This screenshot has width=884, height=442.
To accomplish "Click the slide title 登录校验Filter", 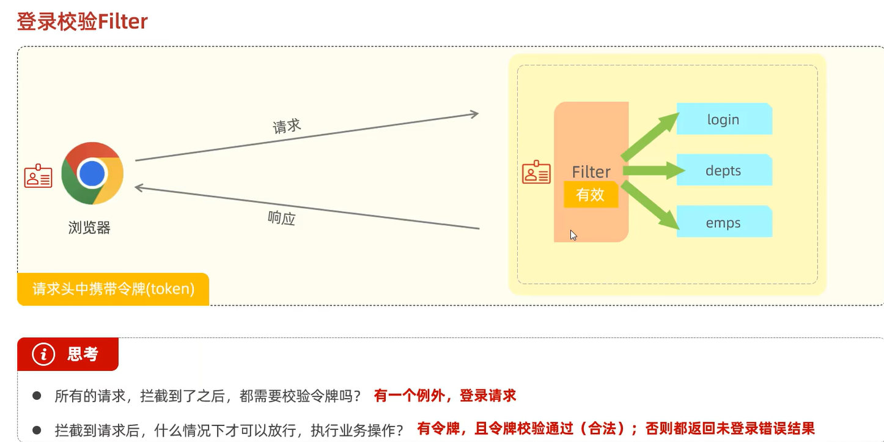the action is tap(82, 21).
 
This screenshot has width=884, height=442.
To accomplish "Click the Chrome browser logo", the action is tap(92, 173).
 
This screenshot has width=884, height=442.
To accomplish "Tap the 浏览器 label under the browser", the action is tap(89, 228).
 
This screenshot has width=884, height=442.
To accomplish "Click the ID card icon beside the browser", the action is tap(39, 176).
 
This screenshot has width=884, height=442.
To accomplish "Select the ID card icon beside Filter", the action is tap(536, 172).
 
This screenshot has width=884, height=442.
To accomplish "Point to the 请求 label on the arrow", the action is tap(287, 126).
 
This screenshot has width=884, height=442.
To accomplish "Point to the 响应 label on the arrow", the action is tap(282, 218).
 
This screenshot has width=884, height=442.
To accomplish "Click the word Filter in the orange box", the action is tap(591, 171).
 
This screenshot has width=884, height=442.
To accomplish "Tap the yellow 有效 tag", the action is tap(591, 195).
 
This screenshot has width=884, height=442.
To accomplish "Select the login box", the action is tap(724, 119).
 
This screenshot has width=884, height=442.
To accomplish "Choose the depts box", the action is tap(724, 171).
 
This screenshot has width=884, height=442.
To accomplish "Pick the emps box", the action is tap(724, 222).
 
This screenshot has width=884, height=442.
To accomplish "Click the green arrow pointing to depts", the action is tap(653, 171).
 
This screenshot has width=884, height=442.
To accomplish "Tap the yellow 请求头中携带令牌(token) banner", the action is tap(114, 288).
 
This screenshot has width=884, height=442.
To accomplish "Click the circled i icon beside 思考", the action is tap(43, 354).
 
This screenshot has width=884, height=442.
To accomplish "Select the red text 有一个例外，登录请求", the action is tap(445, 395).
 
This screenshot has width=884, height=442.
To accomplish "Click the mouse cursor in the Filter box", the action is tap(573, 235).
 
